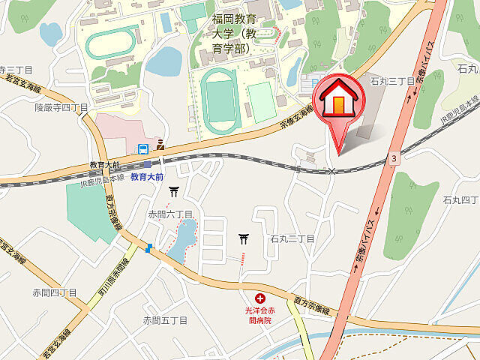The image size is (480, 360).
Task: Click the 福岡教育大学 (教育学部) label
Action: [x=233, y=34]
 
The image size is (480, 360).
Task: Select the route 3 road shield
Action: [x=393, y=158]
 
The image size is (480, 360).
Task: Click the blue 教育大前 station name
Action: [x=145, y=178]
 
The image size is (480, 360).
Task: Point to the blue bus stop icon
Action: [x=142, y=148]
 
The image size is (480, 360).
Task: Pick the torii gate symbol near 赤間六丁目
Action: [x=174, y=191]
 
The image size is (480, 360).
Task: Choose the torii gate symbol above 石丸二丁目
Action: [x=244, y=239]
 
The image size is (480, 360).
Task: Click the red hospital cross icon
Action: [x=260, y=298]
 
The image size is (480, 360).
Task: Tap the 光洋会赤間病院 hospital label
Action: [x=259, y=314]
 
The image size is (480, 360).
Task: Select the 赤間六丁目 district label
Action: [x=170, y=214]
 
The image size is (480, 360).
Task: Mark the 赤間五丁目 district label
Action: [x=165, y=320]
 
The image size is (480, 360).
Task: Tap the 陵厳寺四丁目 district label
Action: [x=61, y=108]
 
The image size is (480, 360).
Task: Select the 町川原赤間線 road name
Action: [x=104, y=289]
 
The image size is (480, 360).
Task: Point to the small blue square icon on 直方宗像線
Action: [x=151, y=248]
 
